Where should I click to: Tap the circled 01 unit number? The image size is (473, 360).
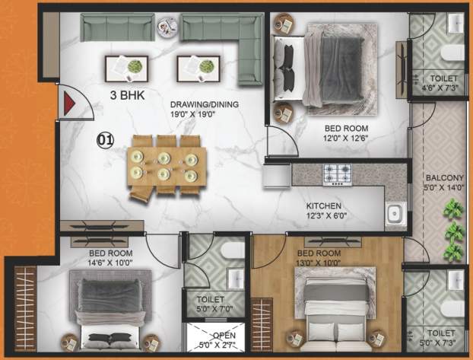[105, 139]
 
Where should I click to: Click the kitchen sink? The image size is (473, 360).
[395, 215]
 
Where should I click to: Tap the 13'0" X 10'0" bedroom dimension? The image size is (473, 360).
[322, 263]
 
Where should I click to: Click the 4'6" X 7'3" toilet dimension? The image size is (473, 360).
[442, 89]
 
